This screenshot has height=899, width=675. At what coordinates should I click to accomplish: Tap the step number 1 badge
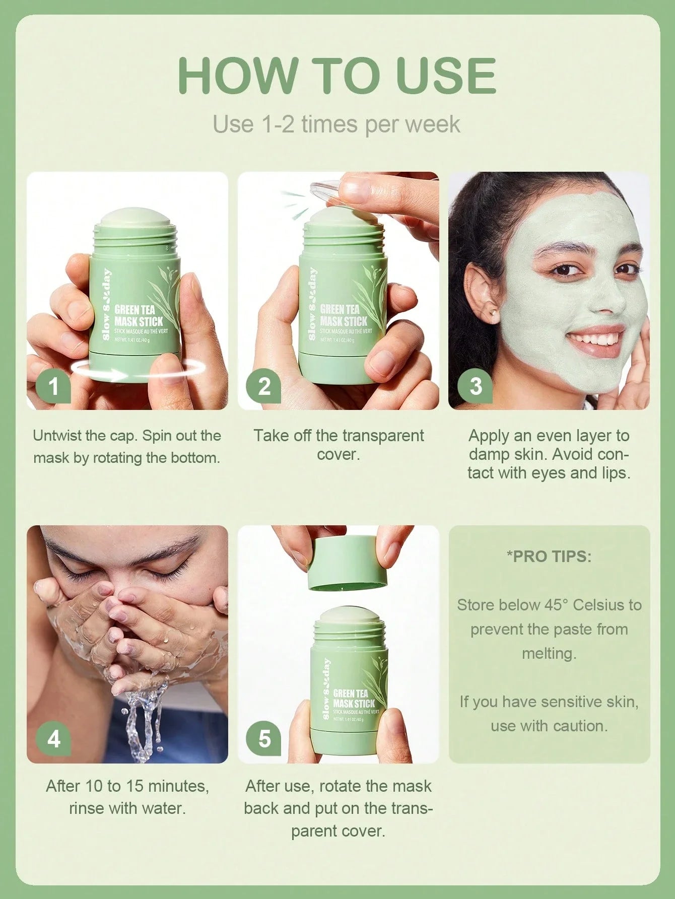point(53,386)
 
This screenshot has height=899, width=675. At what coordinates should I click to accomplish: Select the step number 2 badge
point(264,386)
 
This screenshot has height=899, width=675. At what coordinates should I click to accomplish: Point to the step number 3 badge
point(476,386)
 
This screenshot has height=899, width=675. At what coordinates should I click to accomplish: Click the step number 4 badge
point(53,739)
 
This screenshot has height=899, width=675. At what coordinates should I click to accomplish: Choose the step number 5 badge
point(264,739)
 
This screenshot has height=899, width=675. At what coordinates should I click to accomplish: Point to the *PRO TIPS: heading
point(549,557)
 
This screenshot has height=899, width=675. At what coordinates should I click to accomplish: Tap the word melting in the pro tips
point(548,653)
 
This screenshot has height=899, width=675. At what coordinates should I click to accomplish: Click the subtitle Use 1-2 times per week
point(336,124)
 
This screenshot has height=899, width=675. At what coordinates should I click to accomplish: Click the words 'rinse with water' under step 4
point(127,808)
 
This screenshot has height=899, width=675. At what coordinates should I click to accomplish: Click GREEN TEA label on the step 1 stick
point(134,310)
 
